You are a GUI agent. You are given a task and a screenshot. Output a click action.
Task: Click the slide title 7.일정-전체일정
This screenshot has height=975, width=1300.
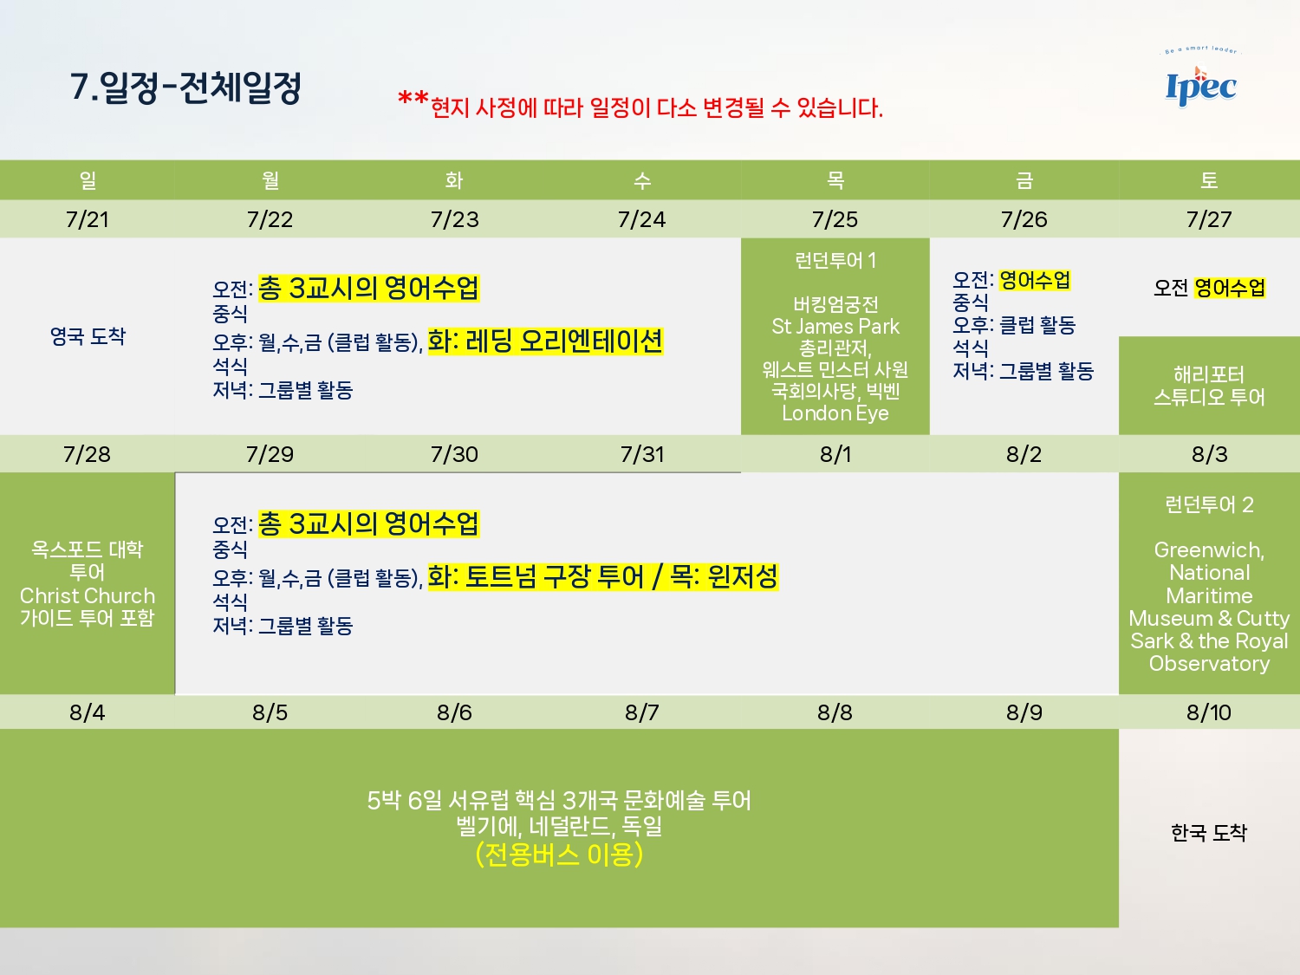click(186, 88)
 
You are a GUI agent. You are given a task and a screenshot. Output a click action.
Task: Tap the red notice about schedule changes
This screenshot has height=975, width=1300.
click(640, 106)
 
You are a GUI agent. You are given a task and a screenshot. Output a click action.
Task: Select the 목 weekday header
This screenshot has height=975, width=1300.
click(835, 180)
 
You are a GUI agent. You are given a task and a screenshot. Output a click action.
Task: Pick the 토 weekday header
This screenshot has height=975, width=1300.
click(1209, 180)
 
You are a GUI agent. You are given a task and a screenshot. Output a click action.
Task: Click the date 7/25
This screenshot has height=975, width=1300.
click(835, 219)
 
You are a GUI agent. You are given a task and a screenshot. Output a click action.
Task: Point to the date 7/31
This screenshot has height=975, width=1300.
click(642, 454)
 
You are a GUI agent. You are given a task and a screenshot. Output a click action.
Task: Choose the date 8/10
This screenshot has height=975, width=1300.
click(1209, 712)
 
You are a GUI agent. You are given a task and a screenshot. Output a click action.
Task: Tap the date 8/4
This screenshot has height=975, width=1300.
click(87, 712)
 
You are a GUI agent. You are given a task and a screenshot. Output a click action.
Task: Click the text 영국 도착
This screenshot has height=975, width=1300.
click(88, 336)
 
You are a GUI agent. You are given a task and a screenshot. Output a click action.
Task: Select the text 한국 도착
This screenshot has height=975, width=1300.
click(1209, 832)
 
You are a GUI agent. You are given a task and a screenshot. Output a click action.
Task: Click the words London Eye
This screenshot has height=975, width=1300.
click(835, 413)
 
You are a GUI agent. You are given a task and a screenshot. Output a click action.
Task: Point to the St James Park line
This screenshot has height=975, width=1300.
click(835, 326)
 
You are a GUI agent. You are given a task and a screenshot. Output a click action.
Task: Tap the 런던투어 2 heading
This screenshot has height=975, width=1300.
click(1209, 504)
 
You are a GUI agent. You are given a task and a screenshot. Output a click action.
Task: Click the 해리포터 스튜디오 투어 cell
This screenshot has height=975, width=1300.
click(1209, 386)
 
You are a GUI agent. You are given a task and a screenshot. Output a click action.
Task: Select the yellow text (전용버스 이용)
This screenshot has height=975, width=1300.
click(559, 855)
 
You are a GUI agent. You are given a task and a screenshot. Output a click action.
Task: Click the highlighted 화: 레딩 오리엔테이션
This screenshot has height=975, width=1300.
click(545, 341)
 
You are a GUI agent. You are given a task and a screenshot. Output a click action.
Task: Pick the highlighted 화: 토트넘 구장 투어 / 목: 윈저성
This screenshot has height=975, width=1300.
click(603, 576)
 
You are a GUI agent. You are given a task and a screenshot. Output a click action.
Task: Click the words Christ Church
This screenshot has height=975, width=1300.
click(87, 595)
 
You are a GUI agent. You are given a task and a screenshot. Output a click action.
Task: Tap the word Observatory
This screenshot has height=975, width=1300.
click(1209, 664)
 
